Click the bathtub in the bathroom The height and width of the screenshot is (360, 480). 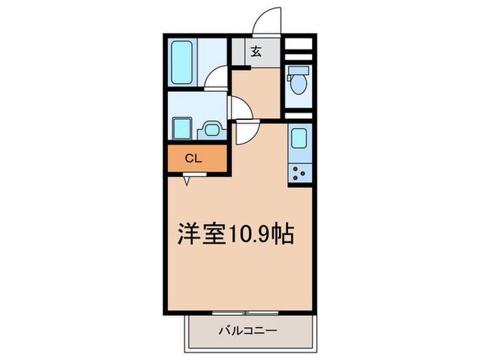click(183, 61)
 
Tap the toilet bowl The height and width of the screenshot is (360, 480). click(298, 82)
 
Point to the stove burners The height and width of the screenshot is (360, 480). click(299, 171)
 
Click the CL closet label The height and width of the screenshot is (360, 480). click(193, 158)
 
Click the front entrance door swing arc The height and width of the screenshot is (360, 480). click(266, 19)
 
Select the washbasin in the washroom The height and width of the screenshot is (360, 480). click(211, 128)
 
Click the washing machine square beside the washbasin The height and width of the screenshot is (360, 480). click(182, 128)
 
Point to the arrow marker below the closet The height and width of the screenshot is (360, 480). click(187, 181)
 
